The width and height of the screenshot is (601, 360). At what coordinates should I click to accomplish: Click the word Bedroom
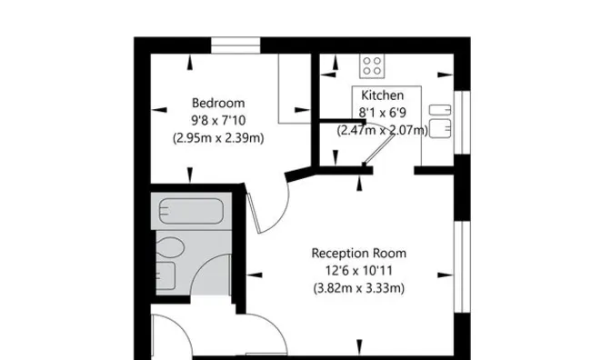(x=218, y=103)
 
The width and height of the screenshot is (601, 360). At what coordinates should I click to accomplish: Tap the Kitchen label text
(x=382, y=95)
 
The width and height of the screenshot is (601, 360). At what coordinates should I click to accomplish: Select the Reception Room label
(x=359, y=253)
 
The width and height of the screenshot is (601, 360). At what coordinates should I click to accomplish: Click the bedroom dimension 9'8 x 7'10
(x=218, y=120)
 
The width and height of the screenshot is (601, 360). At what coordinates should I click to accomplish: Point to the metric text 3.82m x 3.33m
(x=359, y=288)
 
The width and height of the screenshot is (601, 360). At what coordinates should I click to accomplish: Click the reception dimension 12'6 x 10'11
(x=359, y=271)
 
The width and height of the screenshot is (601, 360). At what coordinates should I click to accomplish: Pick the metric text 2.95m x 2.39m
(x=218, y=137)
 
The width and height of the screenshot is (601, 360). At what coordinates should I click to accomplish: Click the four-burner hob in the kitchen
(x=372, y=66)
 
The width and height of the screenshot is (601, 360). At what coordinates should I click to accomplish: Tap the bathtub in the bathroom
(x=191, y=211)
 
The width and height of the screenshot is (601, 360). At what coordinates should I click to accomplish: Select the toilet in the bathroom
(x=170, y=247)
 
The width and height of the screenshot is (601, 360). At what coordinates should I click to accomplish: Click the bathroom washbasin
(x=165, y=275)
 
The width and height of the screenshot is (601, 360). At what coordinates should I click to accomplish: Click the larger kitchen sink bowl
(x=440, y=128)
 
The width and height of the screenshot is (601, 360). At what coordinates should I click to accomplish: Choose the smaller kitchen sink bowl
(x=440, y=110)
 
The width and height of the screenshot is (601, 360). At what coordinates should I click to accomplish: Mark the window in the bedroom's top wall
(x=235, y=45)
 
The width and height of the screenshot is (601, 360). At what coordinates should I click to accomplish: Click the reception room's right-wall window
(x=462, y=267)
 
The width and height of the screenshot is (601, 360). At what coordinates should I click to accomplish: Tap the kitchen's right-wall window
(x=462, y=123)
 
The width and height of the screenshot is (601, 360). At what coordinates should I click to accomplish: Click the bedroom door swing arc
(x=283, y=214)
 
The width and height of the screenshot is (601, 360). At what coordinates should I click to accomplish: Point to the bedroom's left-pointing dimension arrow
(x=159, y=110)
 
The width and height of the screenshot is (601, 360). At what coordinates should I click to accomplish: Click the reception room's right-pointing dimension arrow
(x=446, y=275)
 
